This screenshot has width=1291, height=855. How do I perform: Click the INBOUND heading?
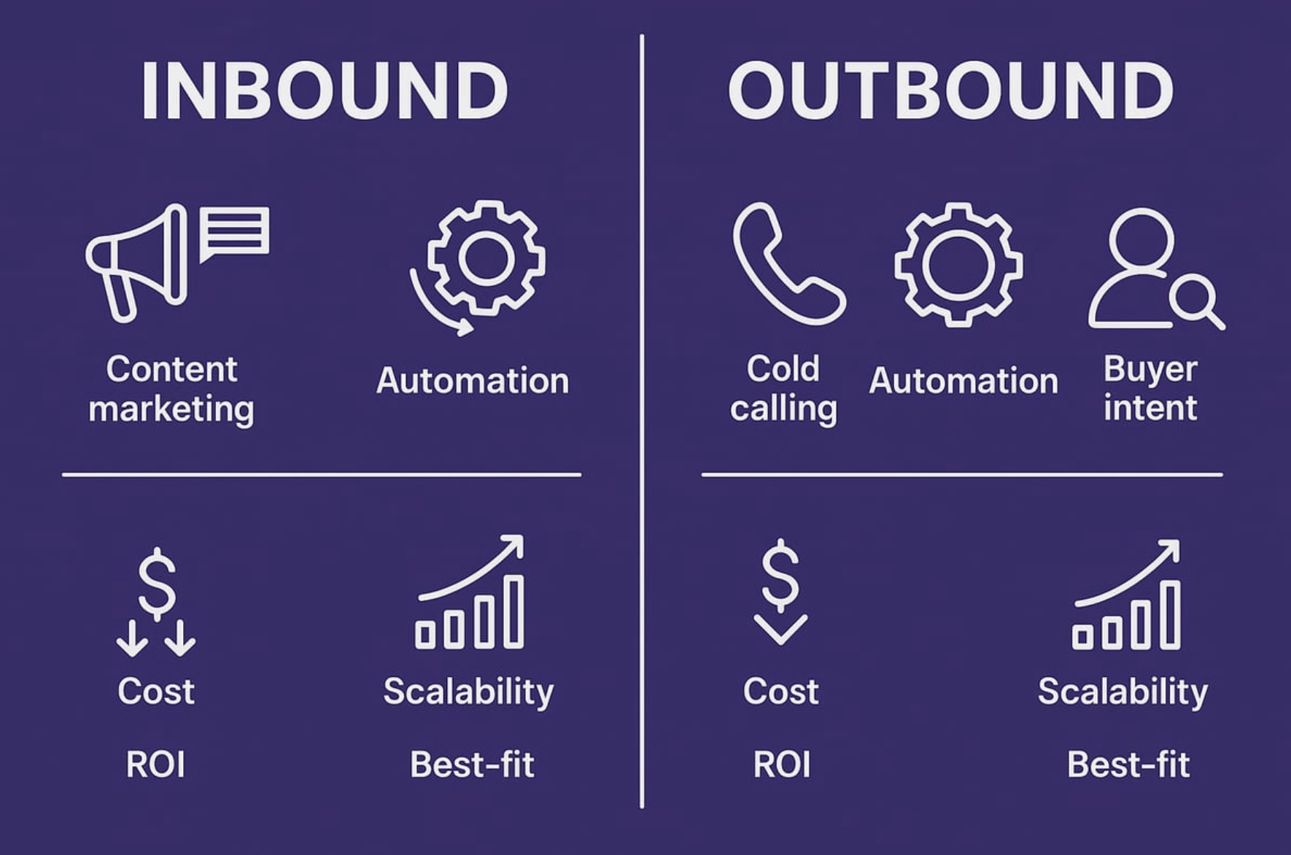(325, 90)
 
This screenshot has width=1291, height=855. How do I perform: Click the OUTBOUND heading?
(950, 90)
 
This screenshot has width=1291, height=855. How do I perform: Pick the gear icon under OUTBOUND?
(958, 264)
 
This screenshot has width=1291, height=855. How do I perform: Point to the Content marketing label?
(171, 388)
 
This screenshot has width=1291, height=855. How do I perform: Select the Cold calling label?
(783, 388)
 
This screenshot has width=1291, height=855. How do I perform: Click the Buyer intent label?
(1150, 388)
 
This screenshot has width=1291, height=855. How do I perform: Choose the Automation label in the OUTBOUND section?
(963, 381)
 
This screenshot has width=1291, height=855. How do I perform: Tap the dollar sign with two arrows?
(156, 602)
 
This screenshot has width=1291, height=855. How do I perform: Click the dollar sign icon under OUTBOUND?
(780, 591)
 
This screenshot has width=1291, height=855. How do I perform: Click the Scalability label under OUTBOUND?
(1123, 692)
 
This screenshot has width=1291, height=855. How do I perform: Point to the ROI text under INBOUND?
(155, 765)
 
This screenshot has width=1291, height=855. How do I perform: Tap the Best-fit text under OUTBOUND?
(1128, 765)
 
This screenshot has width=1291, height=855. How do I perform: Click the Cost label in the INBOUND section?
(156, 691)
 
